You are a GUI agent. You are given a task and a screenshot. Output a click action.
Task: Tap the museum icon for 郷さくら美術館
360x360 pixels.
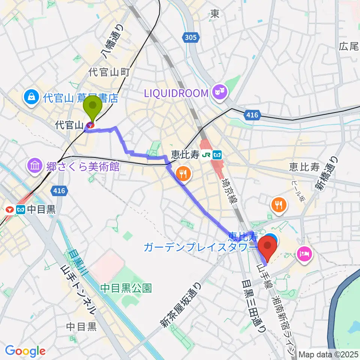[34, 166]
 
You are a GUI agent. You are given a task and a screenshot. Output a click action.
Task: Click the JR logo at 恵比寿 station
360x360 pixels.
[206, 154]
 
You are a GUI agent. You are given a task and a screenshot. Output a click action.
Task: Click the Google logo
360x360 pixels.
[25, 351]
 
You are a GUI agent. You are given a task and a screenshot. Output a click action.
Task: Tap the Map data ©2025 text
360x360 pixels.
[328, 354]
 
